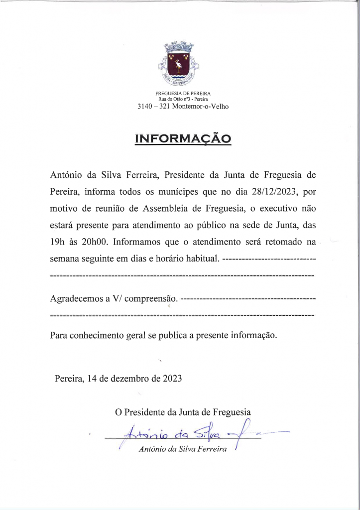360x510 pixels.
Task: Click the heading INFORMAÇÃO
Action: (x=183, y=138)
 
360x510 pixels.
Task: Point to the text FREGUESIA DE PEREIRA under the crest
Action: (x=183, y=94)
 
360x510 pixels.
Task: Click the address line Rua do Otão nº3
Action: (x=183, y=100)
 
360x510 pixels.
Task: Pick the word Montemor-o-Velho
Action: (x=200, y=107)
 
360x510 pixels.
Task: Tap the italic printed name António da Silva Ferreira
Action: (x=183, y=450)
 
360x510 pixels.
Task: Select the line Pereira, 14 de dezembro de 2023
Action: (x=119, y=378)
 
